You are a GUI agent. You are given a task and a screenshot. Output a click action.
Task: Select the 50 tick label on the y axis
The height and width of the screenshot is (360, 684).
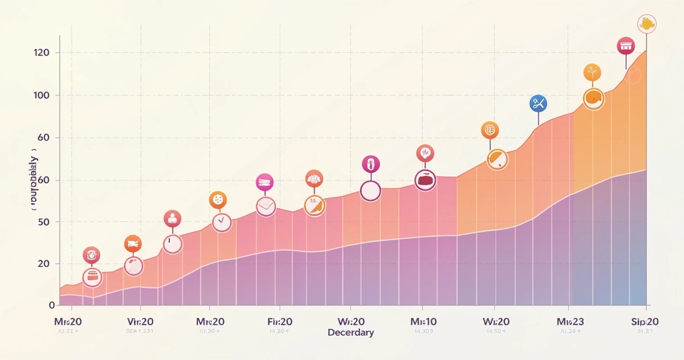[42, 222]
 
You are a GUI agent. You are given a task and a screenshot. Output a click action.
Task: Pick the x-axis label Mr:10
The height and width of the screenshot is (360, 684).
[423, 322]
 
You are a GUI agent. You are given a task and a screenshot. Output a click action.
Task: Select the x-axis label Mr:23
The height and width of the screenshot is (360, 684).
[570, 322]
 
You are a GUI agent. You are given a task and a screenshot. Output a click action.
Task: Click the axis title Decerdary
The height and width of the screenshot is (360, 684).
[350, 332]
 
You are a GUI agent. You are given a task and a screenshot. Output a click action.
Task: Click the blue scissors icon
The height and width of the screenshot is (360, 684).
[538, 103]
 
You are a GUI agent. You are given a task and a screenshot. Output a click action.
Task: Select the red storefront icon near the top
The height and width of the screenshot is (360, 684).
[625, 46]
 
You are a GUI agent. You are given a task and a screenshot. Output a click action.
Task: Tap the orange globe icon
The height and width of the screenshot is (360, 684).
[490, 130]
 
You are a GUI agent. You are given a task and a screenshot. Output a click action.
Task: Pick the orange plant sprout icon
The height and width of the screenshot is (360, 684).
[592, 72]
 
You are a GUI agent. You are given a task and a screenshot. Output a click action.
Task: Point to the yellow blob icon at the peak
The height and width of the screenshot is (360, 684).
[647, 24]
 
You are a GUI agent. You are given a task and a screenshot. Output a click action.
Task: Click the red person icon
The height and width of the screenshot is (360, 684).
[172, 219]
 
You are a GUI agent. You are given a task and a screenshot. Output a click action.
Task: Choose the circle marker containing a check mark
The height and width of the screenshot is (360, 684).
[222, 222]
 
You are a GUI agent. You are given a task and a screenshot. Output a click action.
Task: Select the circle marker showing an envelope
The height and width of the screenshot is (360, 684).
[265, 206]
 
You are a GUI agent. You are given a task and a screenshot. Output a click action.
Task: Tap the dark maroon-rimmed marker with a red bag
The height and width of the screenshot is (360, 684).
[425, 180]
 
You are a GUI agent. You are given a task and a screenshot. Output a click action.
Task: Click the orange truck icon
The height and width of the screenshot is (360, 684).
[133, 244]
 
